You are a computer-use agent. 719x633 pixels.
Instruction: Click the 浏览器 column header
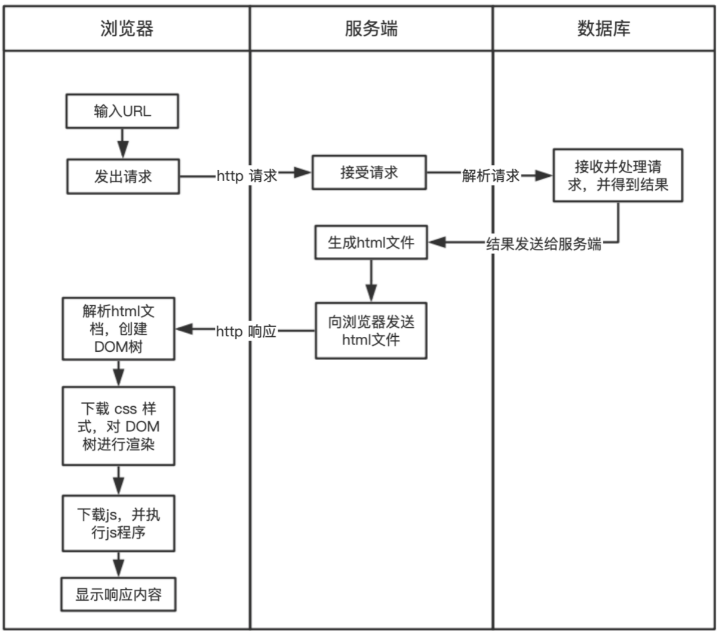(x=127, y=29)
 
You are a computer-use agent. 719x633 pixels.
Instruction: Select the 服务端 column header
(x=371, y=29)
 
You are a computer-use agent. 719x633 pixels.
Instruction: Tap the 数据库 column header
(x=604, y=29)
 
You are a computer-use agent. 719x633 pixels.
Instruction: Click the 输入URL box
(x=122, y=111)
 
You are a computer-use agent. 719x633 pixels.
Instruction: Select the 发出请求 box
(x=123, y=176)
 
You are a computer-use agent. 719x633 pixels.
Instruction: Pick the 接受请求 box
(x=369, y=173)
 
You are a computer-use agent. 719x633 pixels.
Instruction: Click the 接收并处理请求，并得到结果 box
(x=618, y=176)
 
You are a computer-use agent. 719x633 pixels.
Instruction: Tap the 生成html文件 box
(x=371, y=242)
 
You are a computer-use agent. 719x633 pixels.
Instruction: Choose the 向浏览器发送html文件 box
(x=371, y=331)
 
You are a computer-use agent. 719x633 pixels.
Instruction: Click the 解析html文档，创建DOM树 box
(x=118, y=329)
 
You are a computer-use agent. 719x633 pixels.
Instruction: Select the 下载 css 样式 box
(x=118, y=426)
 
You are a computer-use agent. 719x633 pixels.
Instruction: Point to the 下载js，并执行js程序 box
(x=118, y=523)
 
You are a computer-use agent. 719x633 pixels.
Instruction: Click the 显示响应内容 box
(x=118, y=594)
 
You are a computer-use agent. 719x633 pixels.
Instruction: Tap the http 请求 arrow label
(x=247, y=176)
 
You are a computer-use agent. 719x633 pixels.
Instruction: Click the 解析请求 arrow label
(x=490, y=176)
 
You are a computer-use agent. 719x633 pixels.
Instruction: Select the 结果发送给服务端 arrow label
(x=543, y=244)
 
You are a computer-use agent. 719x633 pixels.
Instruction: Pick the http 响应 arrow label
(x=246, y=331)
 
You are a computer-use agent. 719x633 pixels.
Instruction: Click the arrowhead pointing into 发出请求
(x=123, y=149)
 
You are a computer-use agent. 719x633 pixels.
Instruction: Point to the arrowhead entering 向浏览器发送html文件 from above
(x=371, y=293)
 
